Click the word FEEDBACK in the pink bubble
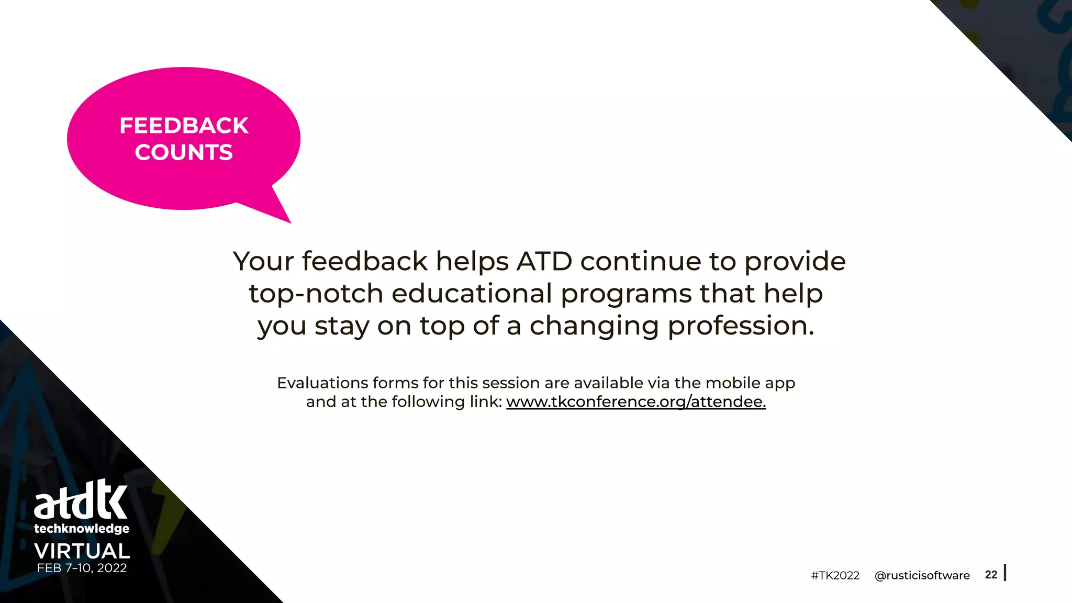pyautogui.click(x=184, y=126)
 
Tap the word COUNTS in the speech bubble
pyautogui.click(x=184, y=152)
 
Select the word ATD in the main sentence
pyautogui.click(x=544, y=261)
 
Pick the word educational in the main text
pyautogui.click(x=472, y=293)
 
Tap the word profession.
pyautogui.click(x=741, y=326)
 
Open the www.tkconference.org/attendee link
pyautogui.click(x=635, y=401)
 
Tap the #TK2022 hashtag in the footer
pyautogui.click(x=835, y=575)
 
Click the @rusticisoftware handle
pyautogui.click(x=922, y=575)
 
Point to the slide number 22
pyautogui.click(x=991, y=574)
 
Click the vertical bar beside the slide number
pyautogui.click(x=1005, y=573)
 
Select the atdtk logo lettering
pyautogui.click(x=81, y=499)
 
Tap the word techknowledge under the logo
pyautogui.click(x=82, y=529)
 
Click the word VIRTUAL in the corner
pyautogui.click(x=82, y=551)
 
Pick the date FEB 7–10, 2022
pyautogui.click(x=82, y=568)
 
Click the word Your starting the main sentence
pyautogui.click(x=263, y=261)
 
